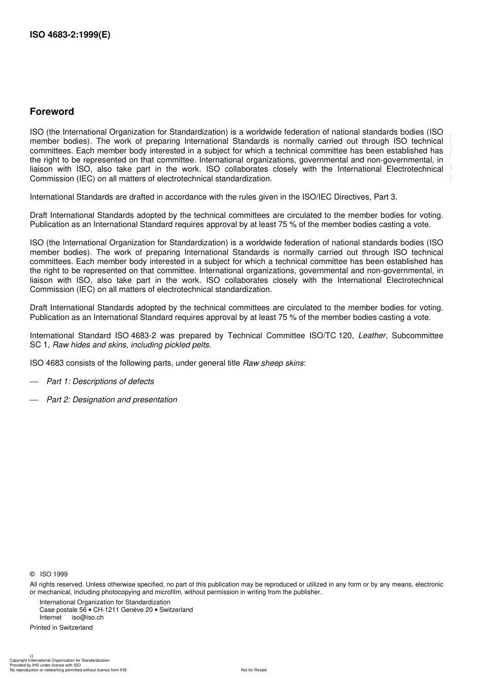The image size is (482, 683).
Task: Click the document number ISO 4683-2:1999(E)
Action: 70,35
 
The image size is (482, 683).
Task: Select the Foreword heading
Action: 52,112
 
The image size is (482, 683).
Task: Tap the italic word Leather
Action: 371,336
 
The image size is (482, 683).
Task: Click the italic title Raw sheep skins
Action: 273,363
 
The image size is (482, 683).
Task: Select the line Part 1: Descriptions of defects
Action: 100,381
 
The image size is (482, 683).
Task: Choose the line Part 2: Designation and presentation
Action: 112,400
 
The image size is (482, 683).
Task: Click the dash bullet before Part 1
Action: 34,381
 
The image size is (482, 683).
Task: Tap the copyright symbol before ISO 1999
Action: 32,574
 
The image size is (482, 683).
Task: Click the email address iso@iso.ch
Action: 87,617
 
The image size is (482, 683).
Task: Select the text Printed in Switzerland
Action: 61,628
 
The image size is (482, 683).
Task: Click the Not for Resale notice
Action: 254,670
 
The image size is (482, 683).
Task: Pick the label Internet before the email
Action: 50,617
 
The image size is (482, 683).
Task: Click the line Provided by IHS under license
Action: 45,665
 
